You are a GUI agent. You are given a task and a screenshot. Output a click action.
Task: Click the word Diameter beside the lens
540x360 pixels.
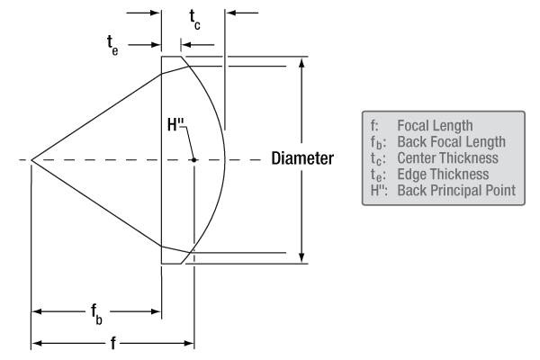[x=302, y=159]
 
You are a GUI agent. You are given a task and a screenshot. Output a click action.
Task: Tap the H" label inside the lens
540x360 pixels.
[x=176, y=125]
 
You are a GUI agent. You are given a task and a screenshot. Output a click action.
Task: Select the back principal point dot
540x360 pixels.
[x=193, y=160]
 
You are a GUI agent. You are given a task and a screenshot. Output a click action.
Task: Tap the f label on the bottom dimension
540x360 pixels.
[x=112, y=344]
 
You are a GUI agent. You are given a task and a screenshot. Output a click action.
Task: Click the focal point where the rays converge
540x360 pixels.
[x=31, y=160]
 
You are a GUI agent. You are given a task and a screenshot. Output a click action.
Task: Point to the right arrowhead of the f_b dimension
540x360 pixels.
[x=157, y=312]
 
